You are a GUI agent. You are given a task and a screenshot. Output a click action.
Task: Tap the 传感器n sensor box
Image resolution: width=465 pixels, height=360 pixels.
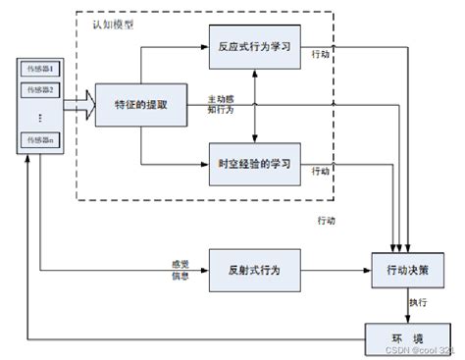click(35, 141)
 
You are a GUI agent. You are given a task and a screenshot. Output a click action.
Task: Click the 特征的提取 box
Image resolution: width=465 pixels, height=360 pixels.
click(141, 104)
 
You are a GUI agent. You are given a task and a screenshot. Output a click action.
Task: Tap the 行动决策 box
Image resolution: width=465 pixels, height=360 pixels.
click(408, 268)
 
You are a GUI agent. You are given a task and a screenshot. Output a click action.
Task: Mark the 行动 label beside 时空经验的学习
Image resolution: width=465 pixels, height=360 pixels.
click(321, 172)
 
